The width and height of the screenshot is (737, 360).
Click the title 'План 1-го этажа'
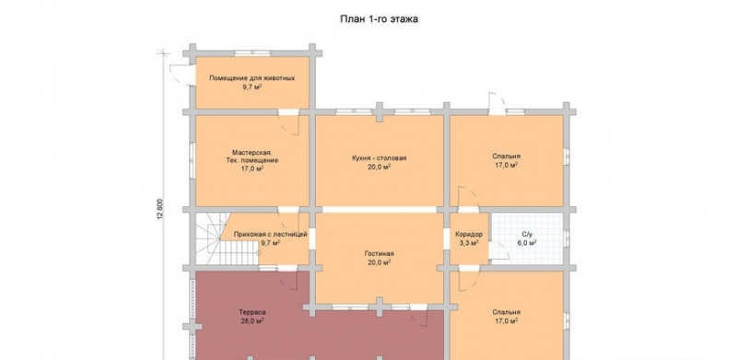(x=379, y=19)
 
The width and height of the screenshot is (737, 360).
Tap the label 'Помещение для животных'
(x=252, y=78)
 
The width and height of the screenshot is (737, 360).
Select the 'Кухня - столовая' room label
(x=379, y=158)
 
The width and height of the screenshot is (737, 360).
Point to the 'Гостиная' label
(x=379, y=254)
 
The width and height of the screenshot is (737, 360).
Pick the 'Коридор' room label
(x=469, y=234)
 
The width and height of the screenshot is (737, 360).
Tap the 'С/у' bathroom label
(x=527, y=234)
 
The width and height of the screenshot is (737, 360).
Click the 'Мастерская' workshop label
(x=252, y=152)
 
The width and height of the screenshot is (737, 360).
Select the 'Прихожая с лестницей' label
(x=270, y=234)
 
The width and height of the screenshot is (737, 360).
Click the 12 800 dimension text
(x=160, y=210)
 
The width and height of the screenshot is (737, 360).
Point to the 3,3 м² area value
(x=469, y=243)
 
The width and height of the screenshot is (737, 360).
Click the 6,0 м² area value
(x=527, y=243)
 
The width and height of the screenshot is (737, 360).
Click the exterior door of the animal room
(x=181, y=75)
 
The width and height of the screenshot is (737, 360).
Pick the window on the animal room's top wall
(x=252, y=53)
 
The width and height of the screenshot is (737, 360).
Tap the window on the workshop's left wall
(x=193, y=161)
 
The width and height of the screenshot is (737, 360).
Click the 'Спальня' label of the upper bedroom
(x=506, y=156)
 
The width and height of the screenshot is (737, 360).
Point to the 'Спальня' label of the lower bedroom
(x=506, y=312)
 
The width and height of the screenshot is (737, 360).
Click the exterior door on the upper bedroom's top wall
(x=497, y=104)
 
